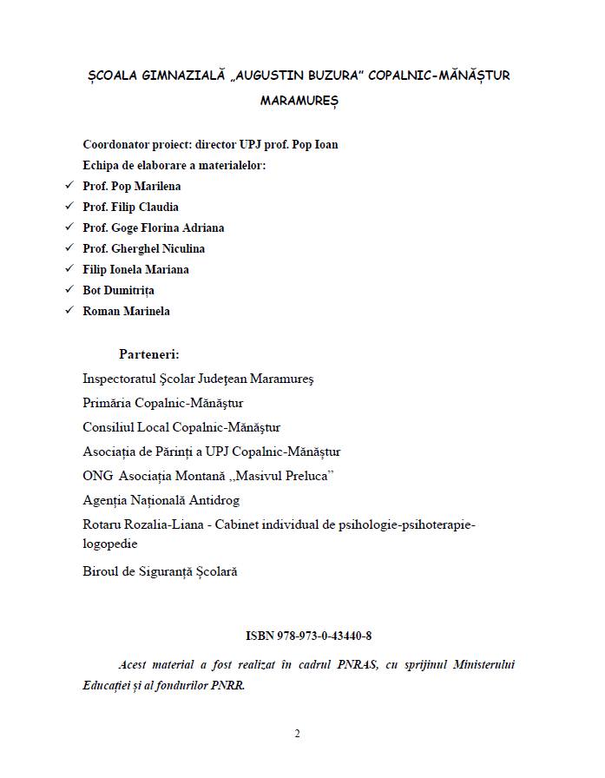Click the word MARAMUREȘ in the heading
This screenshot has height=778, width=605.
pyautogui.click(x=299, y=101)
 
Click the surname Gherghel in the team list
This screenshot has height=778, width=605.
pyautogui.click(x=137, y=248)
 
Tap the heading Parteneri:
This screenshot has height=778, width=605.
pyautogui.click(x=149, y=354)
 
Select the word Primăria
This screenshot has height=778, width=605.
pyautogui.click(x=107, y=403)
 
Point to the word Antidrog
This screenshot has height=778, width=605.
pyautogui.click(x=213, y=500)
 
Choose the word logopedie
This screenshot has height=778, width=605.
pyautogui.click(x=110, y=544)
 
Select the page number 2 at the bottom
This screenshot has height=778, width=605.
pyautogui.click(x=297, y=734)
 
